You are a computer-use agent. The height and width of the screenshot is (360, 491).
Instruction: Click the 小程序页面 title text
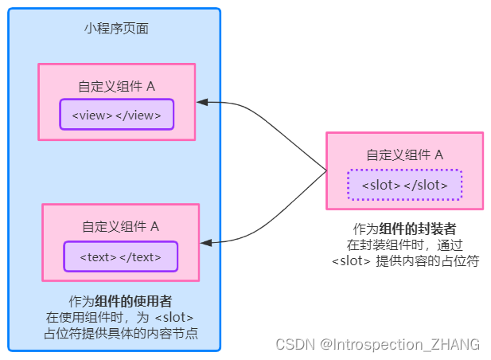pyautogui.click(x=116, y=29)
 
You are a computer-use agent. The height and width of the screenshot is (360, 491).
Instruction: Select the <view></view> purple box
pyautogui.click(x=116, y=115)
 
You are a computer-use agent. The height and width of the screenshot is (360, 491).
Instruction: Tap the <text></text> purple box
pyautogui.click(x=120, y=256)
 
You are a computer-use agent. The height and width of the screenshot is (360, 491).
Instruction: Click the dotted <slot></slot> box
pyautogui.click(x=404, y=185)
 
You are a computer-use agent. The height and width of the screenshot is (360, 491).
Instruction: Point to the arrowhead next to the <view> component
pyautogui.click(x=202, y=102)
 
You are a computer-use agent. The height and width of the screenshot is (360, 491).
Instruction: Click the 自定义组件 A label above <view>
pyautogui.click(x=116, y=86)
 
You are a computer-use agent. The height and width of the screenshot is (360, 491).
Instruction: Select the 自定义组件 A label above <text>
pyautogui.click(x=120, y=226)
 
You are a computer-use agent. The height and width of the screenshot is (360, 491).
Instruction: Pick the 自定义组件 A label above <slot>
pyautogui.click(x=404, y=155)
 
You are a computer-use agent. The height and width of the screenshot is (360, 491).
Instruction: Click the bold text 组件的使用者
pyautogui.click(x=134, y=301)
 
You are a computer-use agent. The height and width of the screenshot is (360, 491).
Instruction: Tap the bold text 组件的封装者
pyautogui.click(x=417, y=229)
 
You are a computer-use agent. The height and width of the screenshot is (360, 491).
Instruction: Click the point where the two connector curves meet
pyautogui.click(x=326, y=170)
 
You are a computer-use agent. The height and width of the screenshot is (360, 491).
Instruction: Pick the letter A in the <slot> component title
pyautogui.click(x=438, y=155)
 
